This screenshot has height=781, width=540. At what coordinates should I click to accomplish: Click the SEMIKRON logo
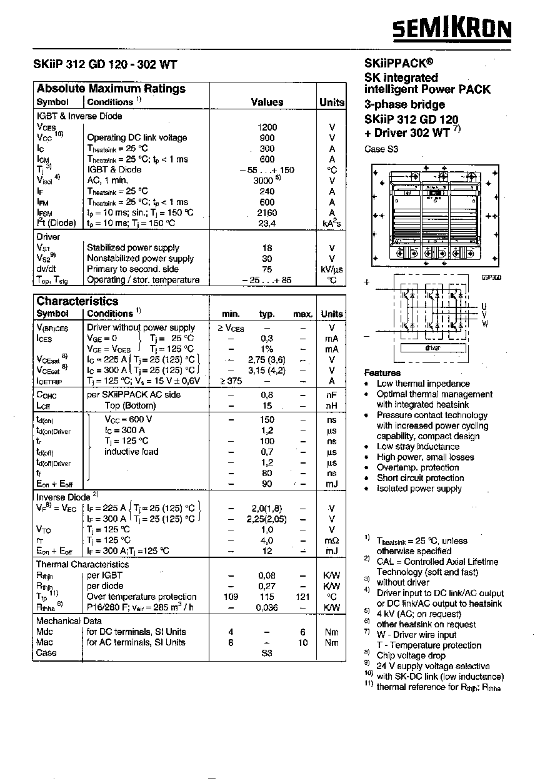tap(452, 29)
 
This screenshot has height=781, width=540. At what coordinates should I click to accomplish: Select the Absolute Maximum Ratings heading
tap(111, 89)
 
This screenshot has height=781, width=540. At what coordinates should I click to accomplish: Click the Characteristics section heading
tap(77, 301)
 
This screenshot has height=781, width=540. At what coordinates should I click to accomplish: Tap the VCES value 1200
tap(267, 127)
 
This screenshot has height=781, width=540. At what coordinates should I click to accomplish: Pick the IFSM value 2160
tap(267, 212)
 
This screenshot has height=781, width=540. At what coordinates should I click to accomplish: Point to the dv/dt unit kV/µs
tap(332, 269)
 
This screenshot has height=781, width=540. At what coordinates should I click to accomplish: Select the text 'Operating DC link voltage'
tap(137, 137)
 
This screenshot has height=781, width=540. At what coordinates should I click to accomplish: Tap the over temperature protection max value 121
tap(302, 597)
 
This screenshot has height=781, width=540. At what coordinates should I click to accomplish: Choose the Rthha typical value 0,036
tap(267, 607)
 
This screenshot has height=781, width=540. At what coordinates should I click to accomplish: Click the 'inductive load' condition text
tap(131, 452)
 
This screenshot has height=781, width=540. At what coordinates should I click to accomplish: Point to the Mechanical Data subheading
tap(69, 621)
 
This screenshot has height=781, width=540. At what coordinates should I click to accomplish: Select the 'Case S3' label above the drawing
tap(381, 149)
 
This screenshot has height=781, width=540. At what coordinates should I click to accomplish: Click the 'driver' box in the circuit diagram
tap(432, 348)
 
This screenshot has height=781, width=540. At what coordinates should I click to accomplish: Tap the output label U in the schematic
tap(484, 306)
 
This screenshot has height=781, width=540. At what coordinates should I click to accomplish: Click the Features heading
tap(382, 372)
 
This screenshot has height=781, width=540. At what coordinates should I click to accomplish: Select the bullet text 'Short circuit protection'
tap(420, 478)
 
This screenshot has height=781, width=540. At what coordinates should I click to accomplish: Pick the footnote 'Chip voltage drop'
tap(411, 655)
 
